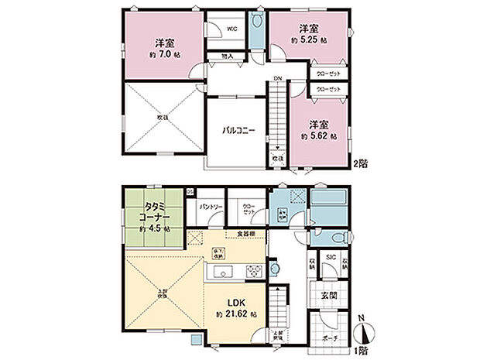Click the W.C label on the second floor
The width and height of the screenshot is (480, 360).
(x=231, y=29)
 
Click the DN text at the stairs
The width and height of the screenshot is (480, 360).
(x=276, y=79)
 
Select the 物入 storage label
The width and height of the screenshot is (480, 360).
(x=227, y=57)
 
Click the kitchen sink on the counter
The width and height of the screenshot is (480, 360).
(x=220, y=271)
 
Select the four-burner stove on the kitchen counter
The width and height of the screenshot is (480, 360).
(x=253, y=270)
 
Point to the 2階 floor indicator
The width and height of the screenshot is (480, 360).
(x=360, y=163)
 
